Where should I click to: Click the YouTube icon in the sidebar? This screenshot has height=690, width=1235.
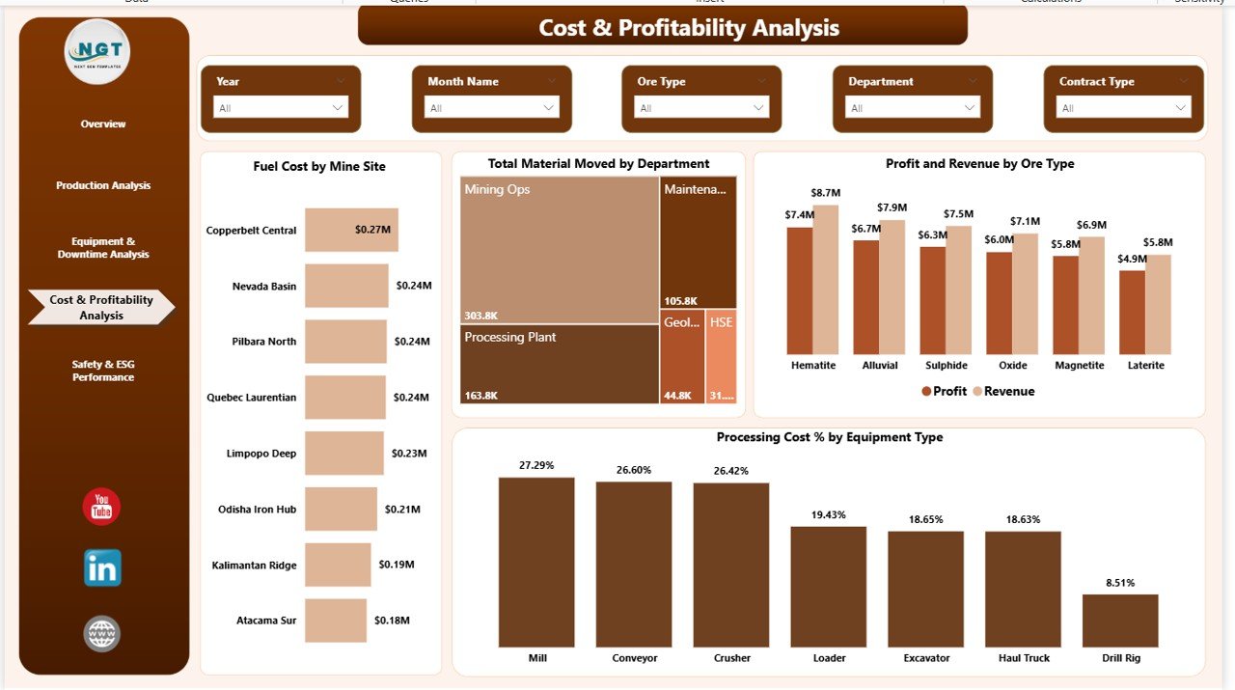coord(101,507)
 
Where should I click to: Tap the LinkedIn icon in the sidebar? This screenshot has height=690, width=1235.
coord(102,567)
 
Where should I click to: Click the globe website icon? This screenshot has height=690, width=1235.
coord(102,634)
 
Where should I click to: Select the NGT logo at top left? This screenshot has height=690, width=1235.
coord(97,51)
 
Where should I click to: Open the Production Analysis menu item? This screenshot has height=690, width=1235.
coord(103,185)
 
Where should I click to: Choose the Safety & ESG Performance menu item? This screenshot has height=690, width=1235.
coord(103,371)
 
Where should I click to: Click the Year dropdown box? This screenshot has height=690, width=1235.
coord(280,108)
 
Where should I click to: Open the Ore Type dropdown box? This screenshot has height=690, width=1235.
coord(701,108)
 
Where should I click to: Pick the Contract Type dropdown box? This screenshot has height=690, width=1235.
coord(1123,108)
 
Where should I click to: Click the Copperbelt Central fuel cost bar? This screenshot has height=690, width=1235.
coord(351,230)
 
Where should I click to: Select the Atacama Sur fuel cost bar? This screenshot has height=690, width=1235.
coord(336,621)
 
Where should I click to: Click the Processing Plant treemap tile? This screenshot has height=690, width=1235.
coord(560,364)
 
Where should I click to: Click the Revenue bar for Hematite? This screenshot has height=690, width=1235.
coord(826,280)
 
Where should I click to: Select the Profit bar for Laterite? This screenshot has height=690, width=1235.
coord(1132,312)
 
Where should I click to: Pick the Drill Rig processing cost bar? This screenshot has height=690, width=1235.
coord(1120,620)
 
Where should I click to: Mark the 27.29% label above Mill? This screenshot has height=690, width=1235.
coord(536,465)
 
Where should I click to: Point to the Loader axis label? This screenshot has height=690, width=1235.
coord(829,658)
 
